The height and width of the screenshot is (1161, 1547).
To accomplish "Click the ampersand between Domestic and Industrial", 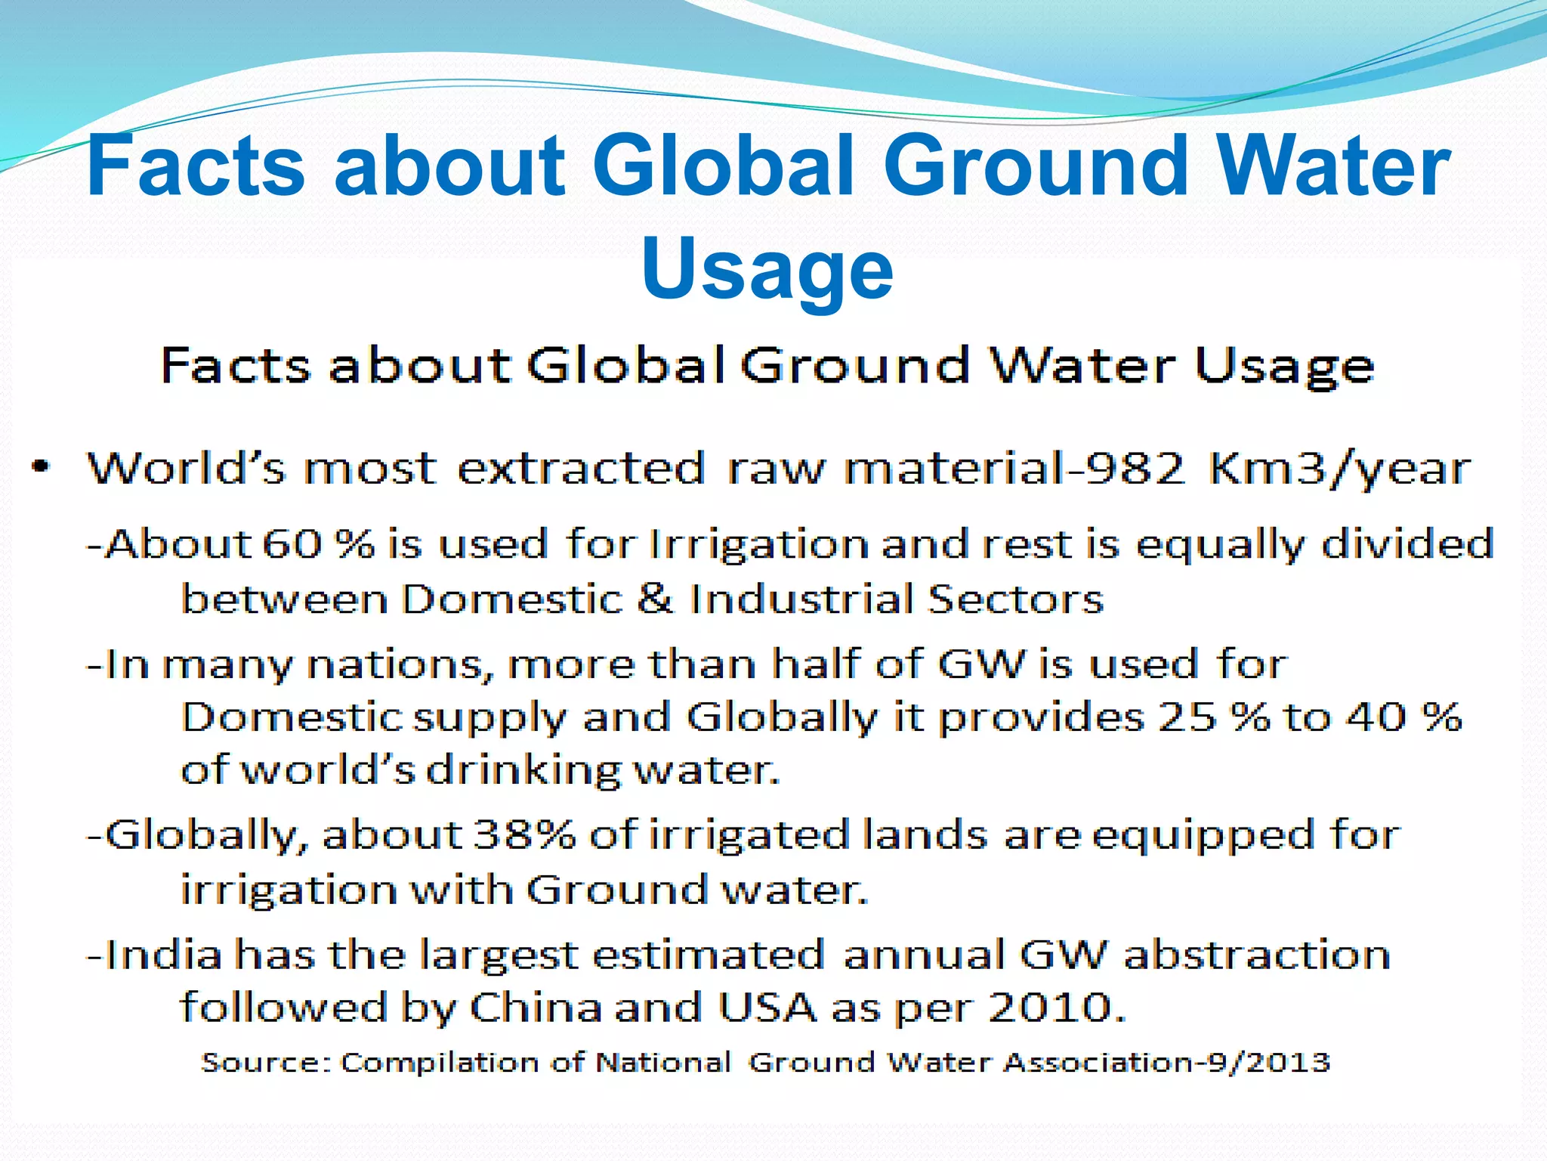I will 655,599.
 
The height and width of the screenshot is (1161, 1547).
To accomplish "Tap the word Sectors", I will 1014,599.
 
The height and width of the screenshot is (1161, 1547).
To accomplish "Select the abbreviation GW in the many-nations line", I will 982,664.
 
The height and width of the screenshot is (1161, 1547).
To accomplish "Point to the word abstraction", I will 1256,955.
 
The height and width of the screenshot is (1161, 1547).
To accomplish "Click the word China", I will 536,1008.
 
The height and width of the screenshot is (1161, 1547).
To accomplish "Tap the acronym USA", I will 767,1008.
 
